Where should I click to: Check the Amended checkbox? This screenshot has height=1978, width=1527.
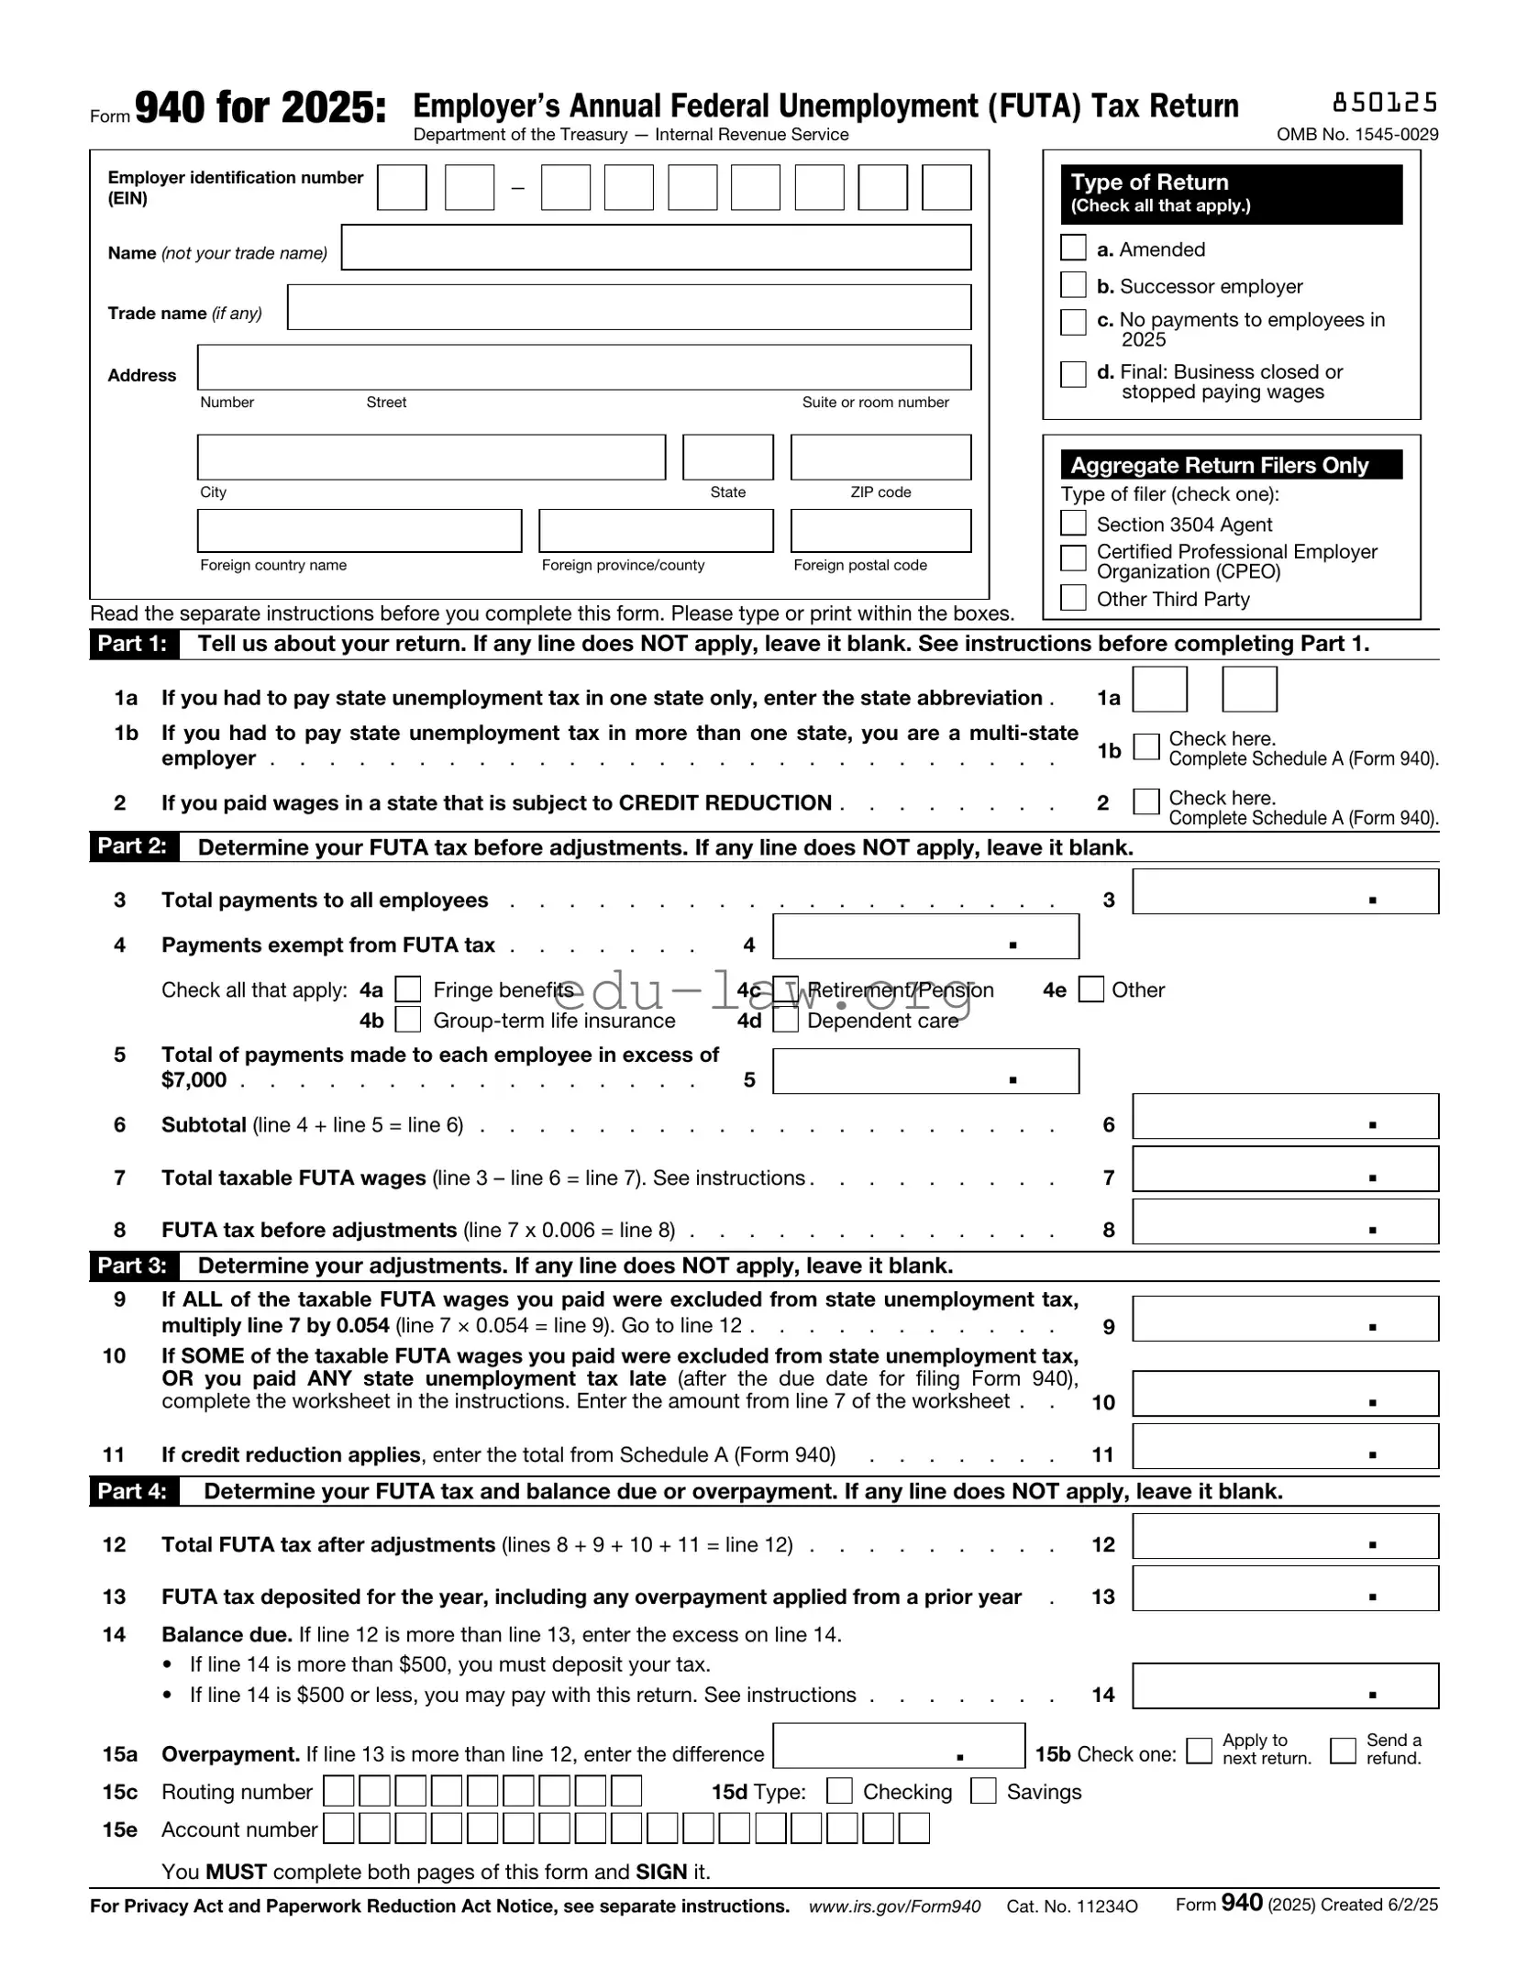1072,248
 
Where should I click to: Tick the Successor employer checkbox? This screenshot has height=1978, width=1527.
1072,284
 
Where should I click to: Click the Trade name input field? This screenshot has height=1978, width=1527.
628,306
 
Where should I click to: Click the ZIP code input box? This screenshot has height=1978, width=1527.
880,457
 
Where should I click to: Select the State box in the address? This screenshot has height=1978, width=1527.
727,457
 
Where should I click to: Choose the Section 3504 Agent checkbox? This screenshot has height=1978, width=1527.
1072,523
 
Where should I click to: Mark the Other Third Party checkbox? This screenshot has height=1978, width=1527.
1072,597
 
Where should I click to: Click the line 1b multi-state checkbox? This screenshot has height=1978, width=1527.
1145,746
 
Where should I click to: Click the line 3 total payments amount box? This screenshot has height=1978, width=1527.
1284,891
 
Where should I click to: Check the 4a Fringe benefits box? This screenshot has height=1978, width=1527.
407,989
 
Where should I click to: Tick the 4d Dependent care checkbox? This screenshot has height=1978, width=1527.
785,1020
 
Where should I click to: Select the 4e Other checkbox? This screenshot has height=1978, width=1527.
1090,989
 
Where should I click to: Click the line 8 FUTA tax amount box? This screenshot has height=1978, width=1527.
1284,1221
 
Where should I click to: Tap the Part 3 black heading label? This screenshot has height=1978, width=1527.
134,1265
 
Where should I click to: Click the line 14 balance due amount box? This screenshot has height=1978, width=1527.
1284,1685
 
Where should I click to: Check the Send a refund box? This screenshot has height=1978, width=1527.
1343,1750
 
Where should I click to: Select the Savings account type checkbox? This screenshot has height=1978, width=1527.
983,1790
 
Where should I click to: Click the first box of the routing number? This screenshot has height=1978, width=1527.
338,1791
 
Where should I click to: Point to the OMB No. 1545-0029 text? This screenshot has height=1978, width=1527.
1356,135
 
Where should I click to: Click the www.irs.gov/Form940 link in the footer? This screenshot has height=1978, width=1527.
894,1906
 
